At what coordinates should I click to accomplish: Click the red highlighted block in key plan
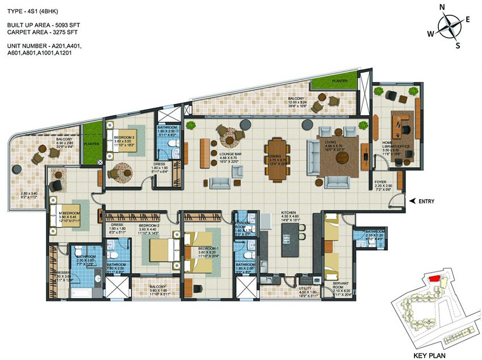tap(434, 278)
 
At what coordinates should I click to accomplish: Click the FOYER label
tap(380, 183)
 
